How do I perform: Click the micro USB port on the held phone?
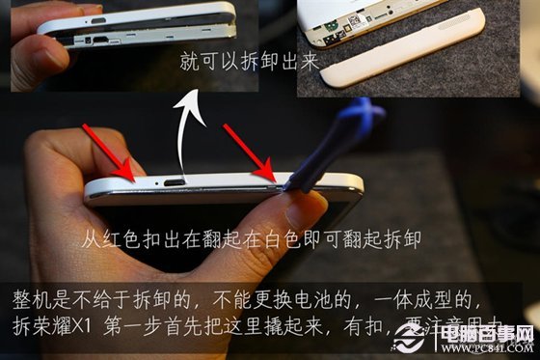175,181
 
